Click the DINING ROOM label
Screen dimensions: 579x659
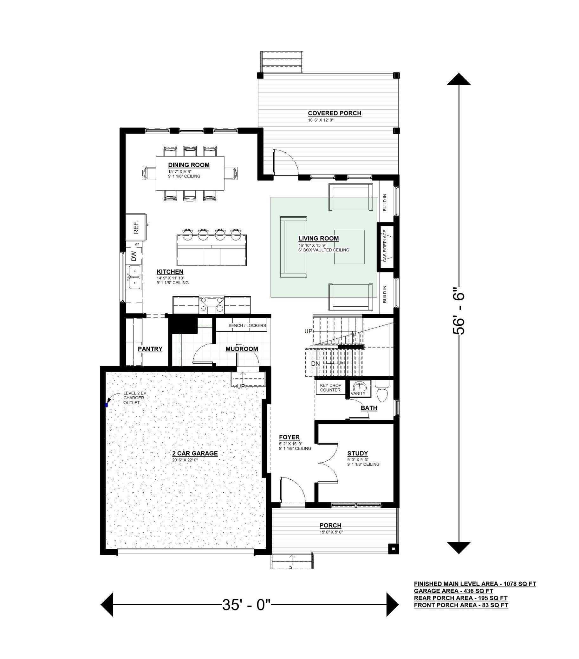coord(189,165)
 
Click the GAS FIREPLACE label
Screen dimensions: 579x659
coord(385,246)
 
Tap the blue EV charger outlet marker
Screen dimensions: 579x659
coord(106,404)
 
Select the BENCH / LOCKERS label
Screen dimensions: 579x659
coord(247,325)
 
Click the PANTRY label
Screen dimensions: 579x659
coord(150,349)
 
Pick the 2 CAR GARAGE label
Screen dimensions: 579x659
coord(195,453)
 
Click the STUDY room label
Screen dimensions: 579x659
coord(358,453)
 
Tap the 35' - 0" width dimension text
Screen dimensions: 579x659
coord(246,605)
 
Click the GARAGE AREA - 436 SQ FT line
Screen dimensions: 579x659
coord(453,591)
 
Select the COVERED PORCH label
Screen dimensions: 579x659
coord(334,113)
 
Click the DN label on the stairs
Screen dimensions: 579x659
coord(315,364)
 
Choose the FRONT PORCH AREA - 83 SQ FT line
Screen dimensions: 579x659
coord(461,605)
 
